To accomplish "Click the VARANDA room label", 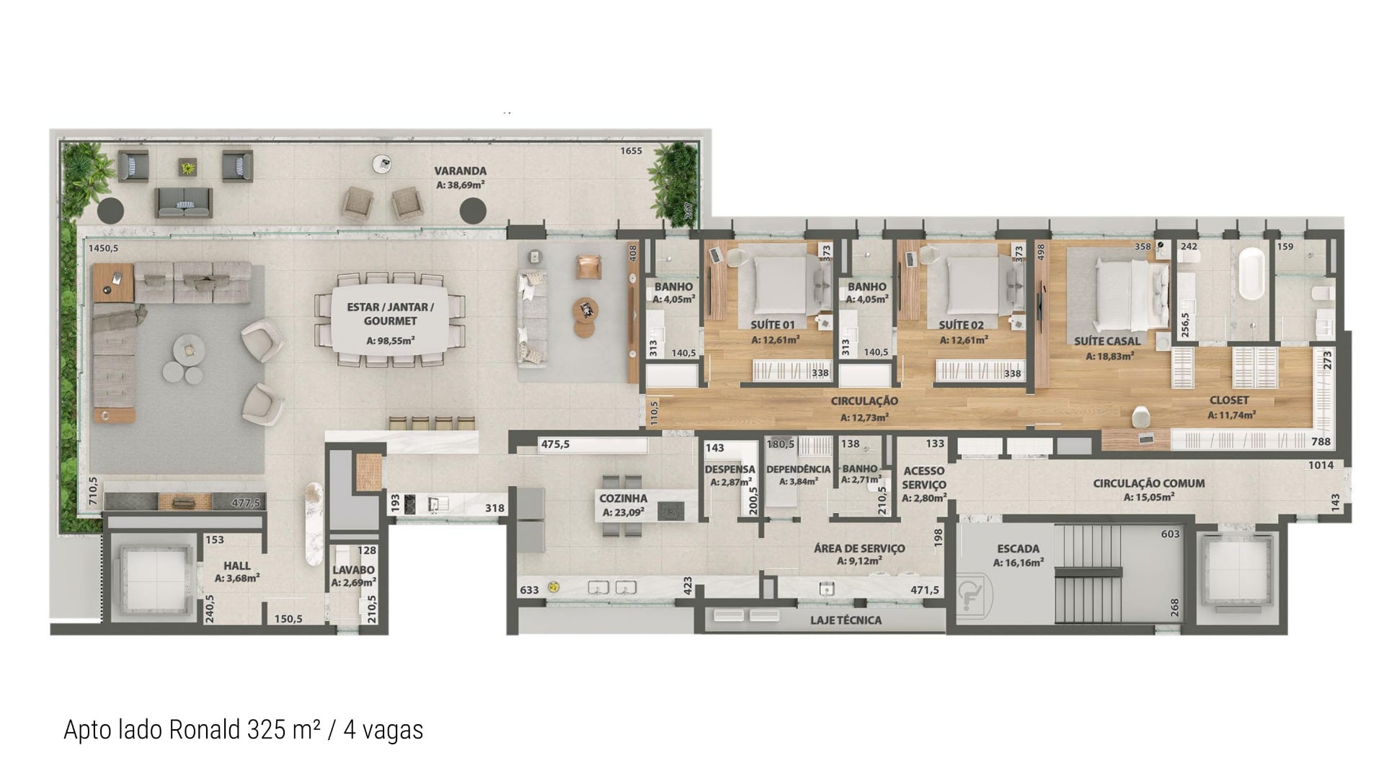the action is (x=460, y=171).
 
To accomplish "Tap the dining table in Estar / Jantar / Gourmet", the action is (x=390, y=320).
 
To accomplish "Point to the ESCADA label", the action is (x=1019, y=549).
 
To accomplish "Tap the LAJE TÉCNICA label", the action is (x=846, y=620).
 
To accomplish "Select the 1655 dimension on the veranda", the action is (x=631, y=151).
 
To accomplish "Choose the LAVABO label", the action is (x=353, y=570).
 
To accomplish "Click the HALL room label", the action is (x=237, y=565).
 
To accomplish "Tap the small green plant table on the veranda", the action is (x=187, y=167).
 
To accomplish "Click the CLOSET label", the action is (x=1230, y=400).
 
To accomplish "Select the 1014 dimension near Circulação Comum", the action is (x=1321, y=465).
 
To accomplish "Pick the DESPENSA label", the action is (x=729, y=470).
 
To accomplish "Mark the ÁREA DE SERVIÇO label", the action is (x=859, y=548).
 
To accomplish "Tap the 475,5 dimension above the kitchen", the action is (x=555, y=444).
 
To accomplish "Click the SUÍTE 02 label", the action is (x=961, y=325).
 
